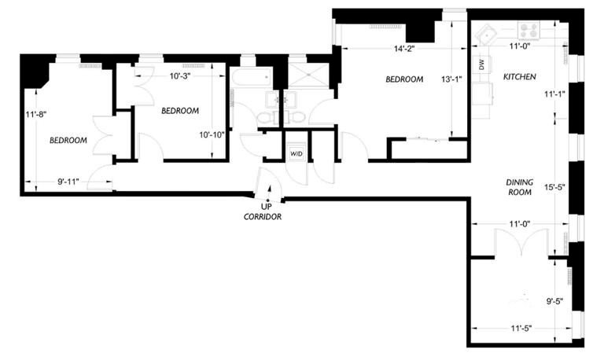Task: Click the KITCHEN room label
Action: click(519, 76)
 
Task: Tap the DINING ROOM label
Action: click(520, 187)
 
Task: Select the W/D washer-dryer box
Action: click(296, 153)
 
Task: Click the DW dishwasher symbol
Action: click(482, 64)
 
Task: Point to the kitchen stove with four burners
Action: click(528, 30)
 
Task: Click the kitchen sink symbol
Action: click(486, 34)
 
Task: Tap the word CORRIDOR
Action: click(263, 217)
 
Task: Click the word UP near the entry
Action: click(266, 207)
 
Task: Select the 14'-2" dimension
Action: click(404, 49)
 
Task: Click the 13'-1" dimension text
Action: click(451, 79)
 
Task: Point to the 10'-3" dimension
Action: click(180, 75)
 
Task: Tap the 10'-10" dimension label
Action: click(212, 135)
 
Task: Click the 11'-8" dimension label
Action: click(36, 114)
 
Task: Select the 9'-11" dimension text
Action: click(68, 182)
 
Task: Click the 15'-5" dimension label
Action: click(554, 188)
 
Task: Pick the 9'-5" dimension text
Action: click(554, 302)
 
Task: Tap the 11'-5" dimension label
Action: click(521, 329)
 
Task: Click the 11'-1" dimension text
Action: click(554, 94)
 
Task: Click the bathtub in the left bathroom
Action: click(252, 78)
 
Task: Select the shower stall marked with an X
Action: click(308, 75)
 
